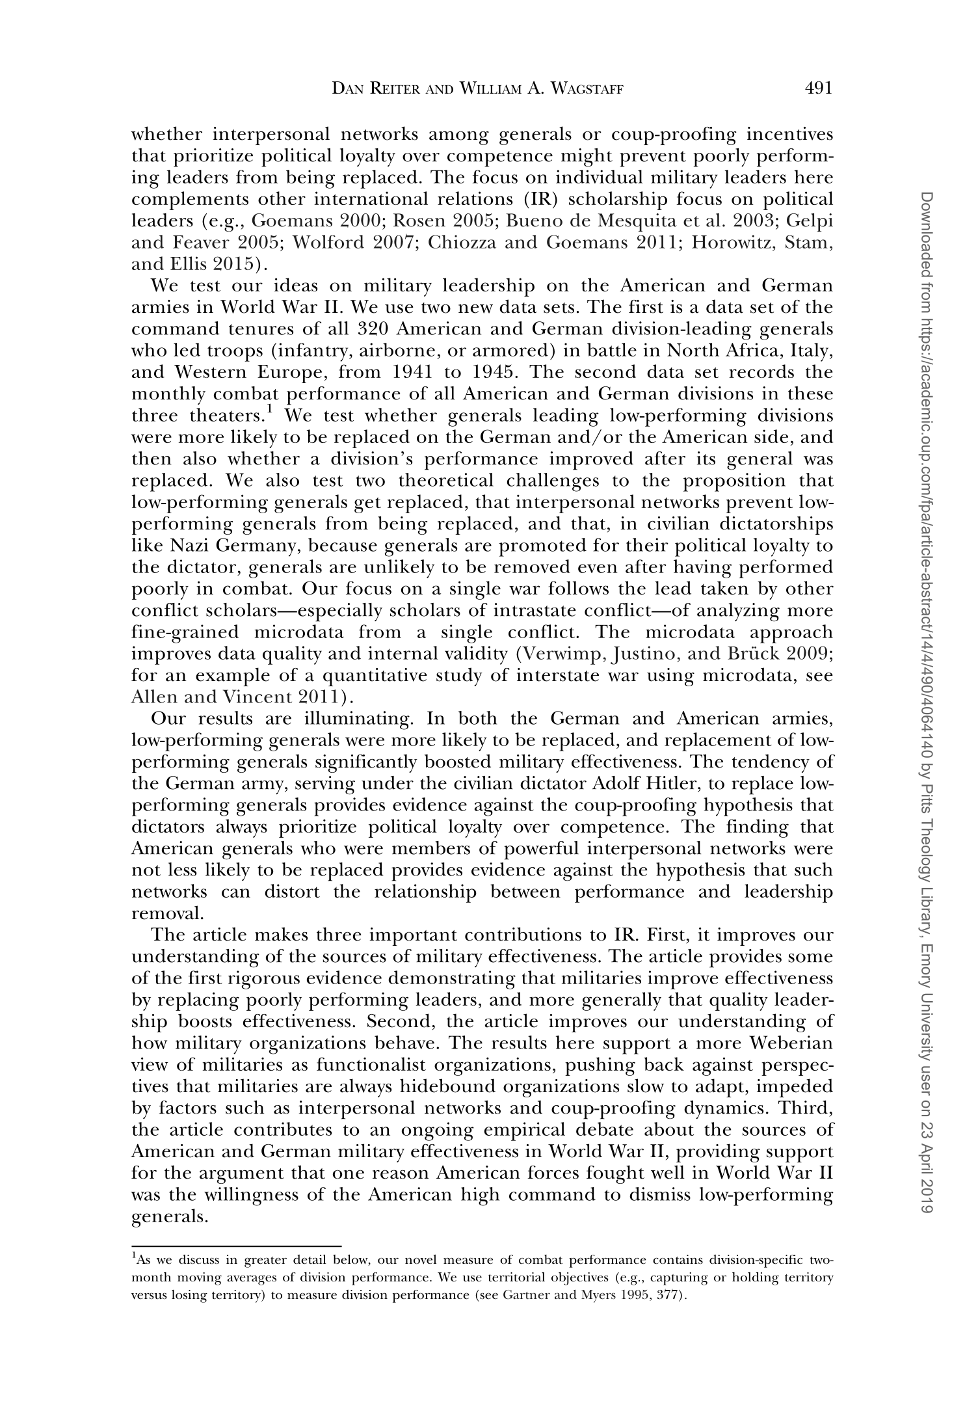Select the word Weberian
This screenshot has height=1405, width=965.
(x=791, y=1043)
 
